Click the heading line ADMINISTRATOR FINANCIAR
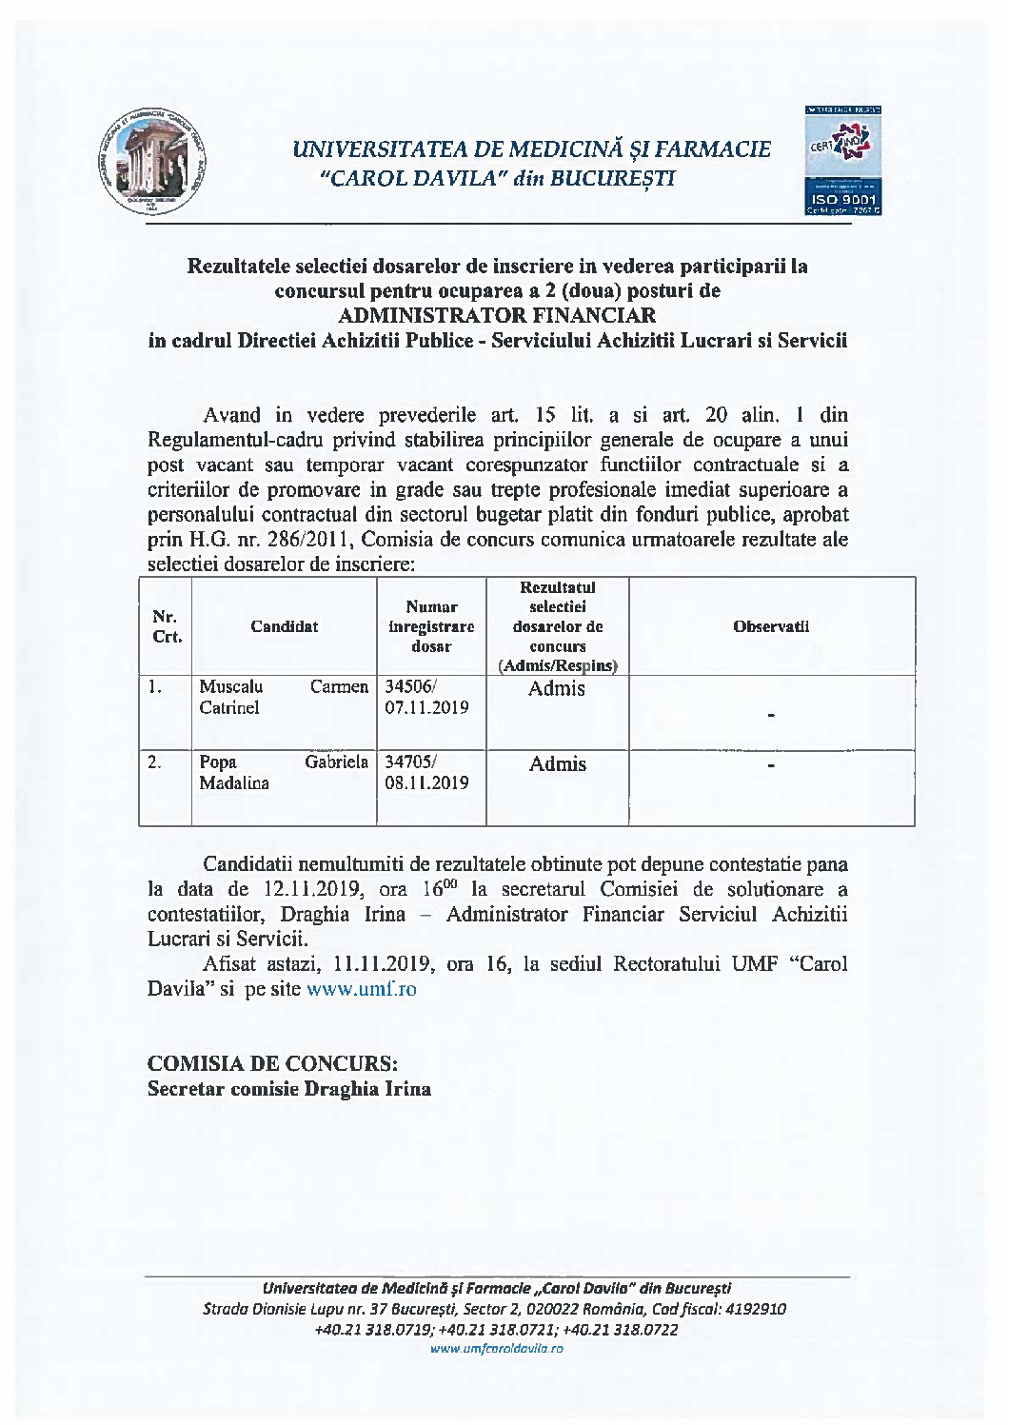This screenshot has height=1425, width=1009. pyautogui.click(x=497, y=315)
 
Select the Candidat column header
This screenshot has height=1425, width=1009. pyautogui.click(x=284, y=626)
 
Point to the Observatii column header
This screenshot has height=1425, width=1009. pyautogui.click(x=771, y=626)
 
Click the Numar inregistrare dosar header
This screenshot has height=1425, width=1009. pyautogui.click(x=431, y=626)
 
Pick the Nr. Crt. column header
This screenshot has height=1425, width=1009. pyautogui.click(x=167, y=627)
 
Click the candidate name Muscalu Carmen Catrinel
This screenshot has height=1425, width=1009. pyautogui.click(x=283, y=697)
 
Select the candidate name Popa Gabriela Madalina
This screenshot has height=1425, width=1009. pyautogui.click(x=283, y=772)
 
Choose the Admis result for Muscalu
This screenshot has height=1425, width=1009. pyautogui.click(x=557, y=688)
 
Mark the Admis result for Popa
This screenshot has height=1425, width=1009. pyautogui.click(x=557, y=763)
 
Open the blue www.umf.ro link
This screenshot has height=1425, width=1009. pyautogui.click(x=361, y=989)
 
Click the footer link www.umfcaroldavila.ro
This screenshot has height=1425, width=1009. pyautogui.click(x=497, y=1349)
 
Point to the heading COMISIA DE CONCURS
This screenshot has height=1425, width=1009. pyautogui.click(x=272, y=1063)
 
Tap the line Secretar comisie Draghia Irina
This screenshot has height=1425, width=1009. pyautogui.click(x=288, y=1089)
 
